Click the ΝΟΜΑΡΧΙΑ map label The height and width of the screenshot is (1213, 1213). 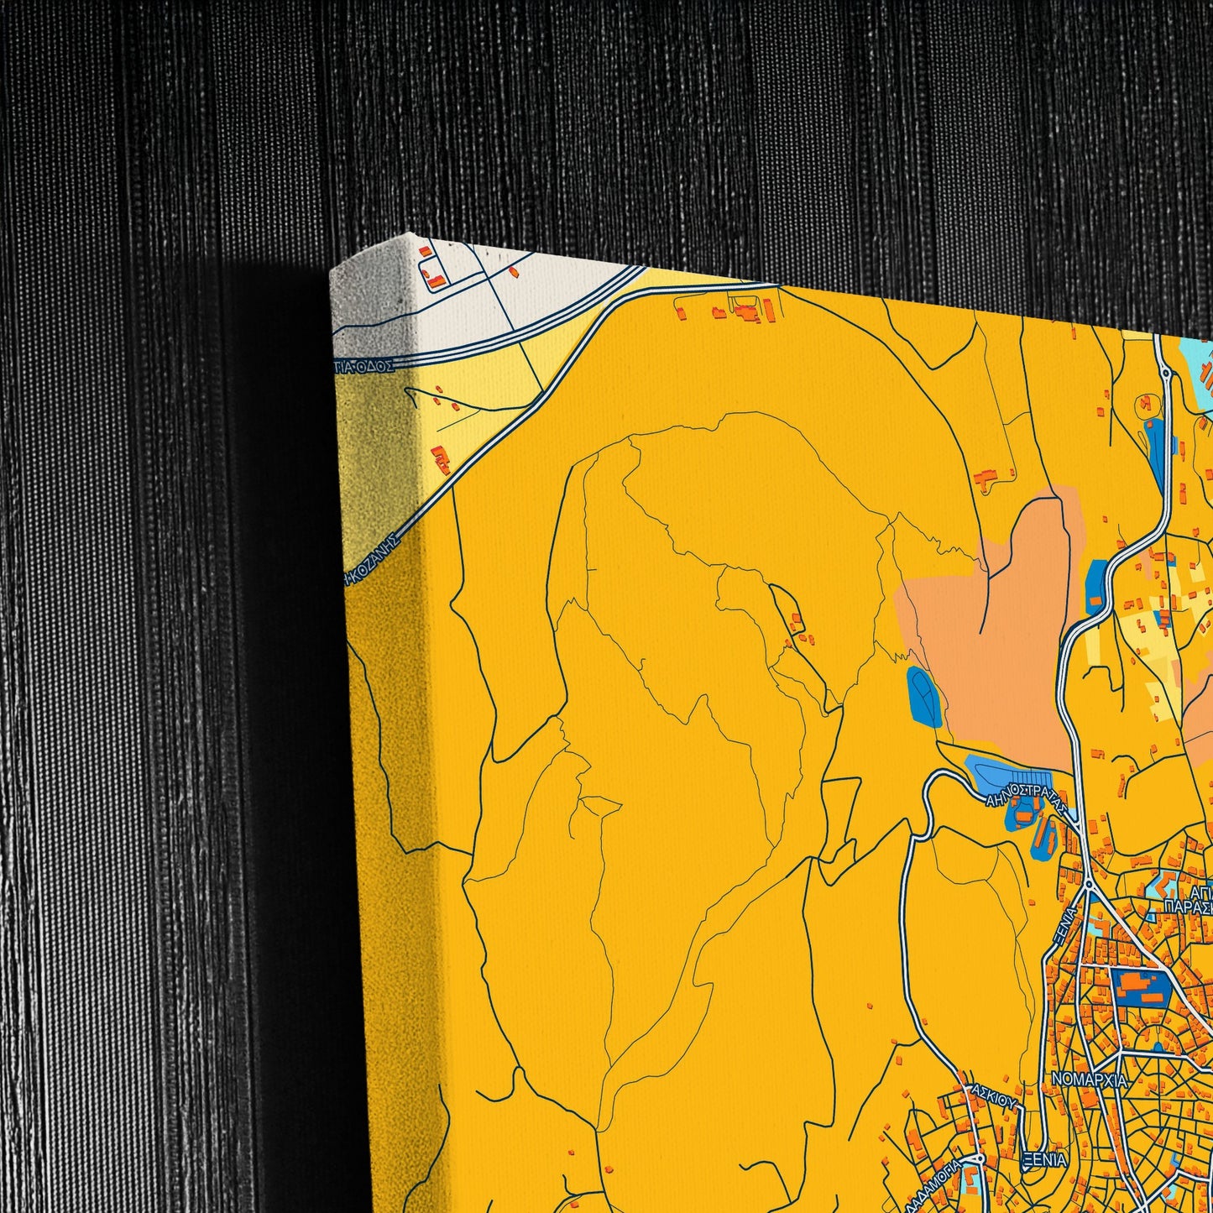coord(1089,1080)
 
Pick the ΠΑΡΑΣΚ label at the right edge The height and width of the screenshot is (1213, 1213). coord(1188,907)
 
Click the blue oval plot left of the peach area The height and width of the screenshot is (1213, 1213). coord(924,698)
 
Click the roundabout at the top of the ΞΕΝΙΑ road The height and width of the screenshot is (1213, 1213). coord(1088,884)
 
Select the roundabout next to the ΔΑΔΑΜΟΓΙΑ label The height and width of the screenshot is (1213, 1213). coord(979,1159)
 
